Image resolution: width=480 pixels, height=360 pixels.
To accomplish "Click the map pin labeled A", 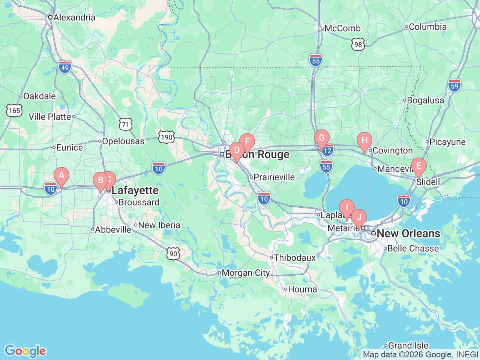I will click(x=61, y=175).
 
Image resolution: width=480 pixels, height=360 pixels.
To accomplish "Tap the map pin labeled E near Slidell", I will click(x=418, y=166).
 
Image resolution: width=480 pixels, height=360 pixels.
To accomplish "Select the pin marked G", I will click(x=321, y=138).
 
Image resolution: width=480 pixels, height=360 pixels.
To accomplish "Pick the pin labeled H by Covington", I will click(x=364, y=141).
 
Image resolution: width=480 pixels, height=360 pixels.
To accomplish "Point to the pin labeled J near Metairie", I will click(x=359, y=217).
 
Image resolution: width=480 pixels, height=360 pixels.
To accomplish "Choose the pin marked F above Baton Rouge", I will click(x=247, y=142).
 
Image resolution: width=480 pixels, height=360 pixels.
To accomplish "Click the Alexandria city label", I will click(x=74, y=17).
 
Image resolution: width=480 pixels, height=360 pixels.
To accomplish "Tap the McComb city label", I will click(x=342, y=28).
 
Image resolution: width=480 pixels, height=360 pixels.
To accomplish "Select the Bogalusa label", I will click(x=425, y=100).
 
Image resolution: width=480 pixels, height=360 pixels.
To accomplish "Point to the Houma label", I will click(x=302, y=289).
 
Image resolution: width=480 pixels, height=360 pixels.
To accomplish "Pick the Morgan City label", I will click(x=246, y=273).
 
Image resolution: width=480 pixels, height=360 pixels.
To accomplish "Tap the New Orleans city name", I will click(x=408, y=233).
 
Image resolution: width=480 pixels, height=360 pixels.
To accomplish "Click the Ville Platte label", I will click(x=50, y=117).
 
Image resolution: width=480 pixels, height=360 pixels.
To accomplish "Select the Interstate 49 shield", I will click(x=65, y=67).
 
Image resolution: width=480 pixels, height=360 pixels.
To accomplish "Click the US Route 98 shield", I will click(x=358, y=45).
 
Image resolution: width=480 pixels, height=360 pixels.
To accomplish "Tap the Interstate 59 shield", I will click(x=454, y=86).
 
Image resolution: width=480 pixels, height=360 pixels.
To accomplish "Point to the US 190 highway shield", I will click(x=166, y=137).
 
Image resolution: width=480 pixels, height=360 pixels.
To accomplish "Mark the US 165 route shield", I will click(x=14, y=110).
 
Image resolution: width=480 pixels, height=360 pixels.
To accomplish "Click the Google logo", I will click(x=25, y=351).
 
